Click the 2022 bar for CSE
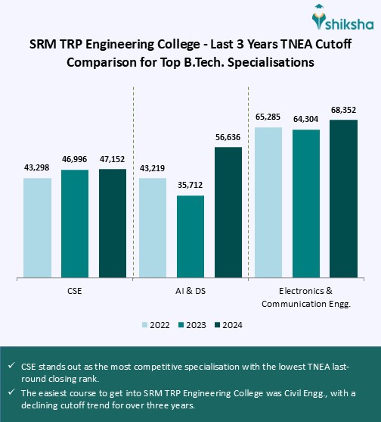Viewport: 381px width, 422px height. point(37,228)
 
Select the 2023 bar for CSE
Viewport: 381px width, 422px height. point(75,224)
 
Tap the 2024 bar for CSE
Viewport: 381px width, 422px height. point(113,224)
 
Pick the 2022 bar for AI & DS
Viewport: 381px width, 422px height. point(153,228)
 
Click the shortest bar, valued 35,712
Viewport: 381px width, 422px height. point(190,237)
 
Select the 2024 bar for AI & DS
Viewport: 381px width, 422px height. point(228,213)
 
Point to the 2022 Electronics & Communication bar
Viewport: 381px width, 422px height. point(268,203)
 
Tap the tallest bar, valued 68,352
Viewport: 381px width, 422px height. point(343,199)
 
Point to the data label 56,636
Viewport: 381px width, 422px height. point(228,138)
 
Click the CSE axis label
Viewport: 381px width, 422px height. point(75,290)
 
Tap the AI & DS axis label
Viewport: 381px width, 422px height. point(190,290)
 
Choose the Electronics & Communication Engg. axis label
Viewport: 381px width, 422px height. point(306,296)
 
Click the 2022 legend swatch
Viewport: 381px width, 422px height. point(144,325)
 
